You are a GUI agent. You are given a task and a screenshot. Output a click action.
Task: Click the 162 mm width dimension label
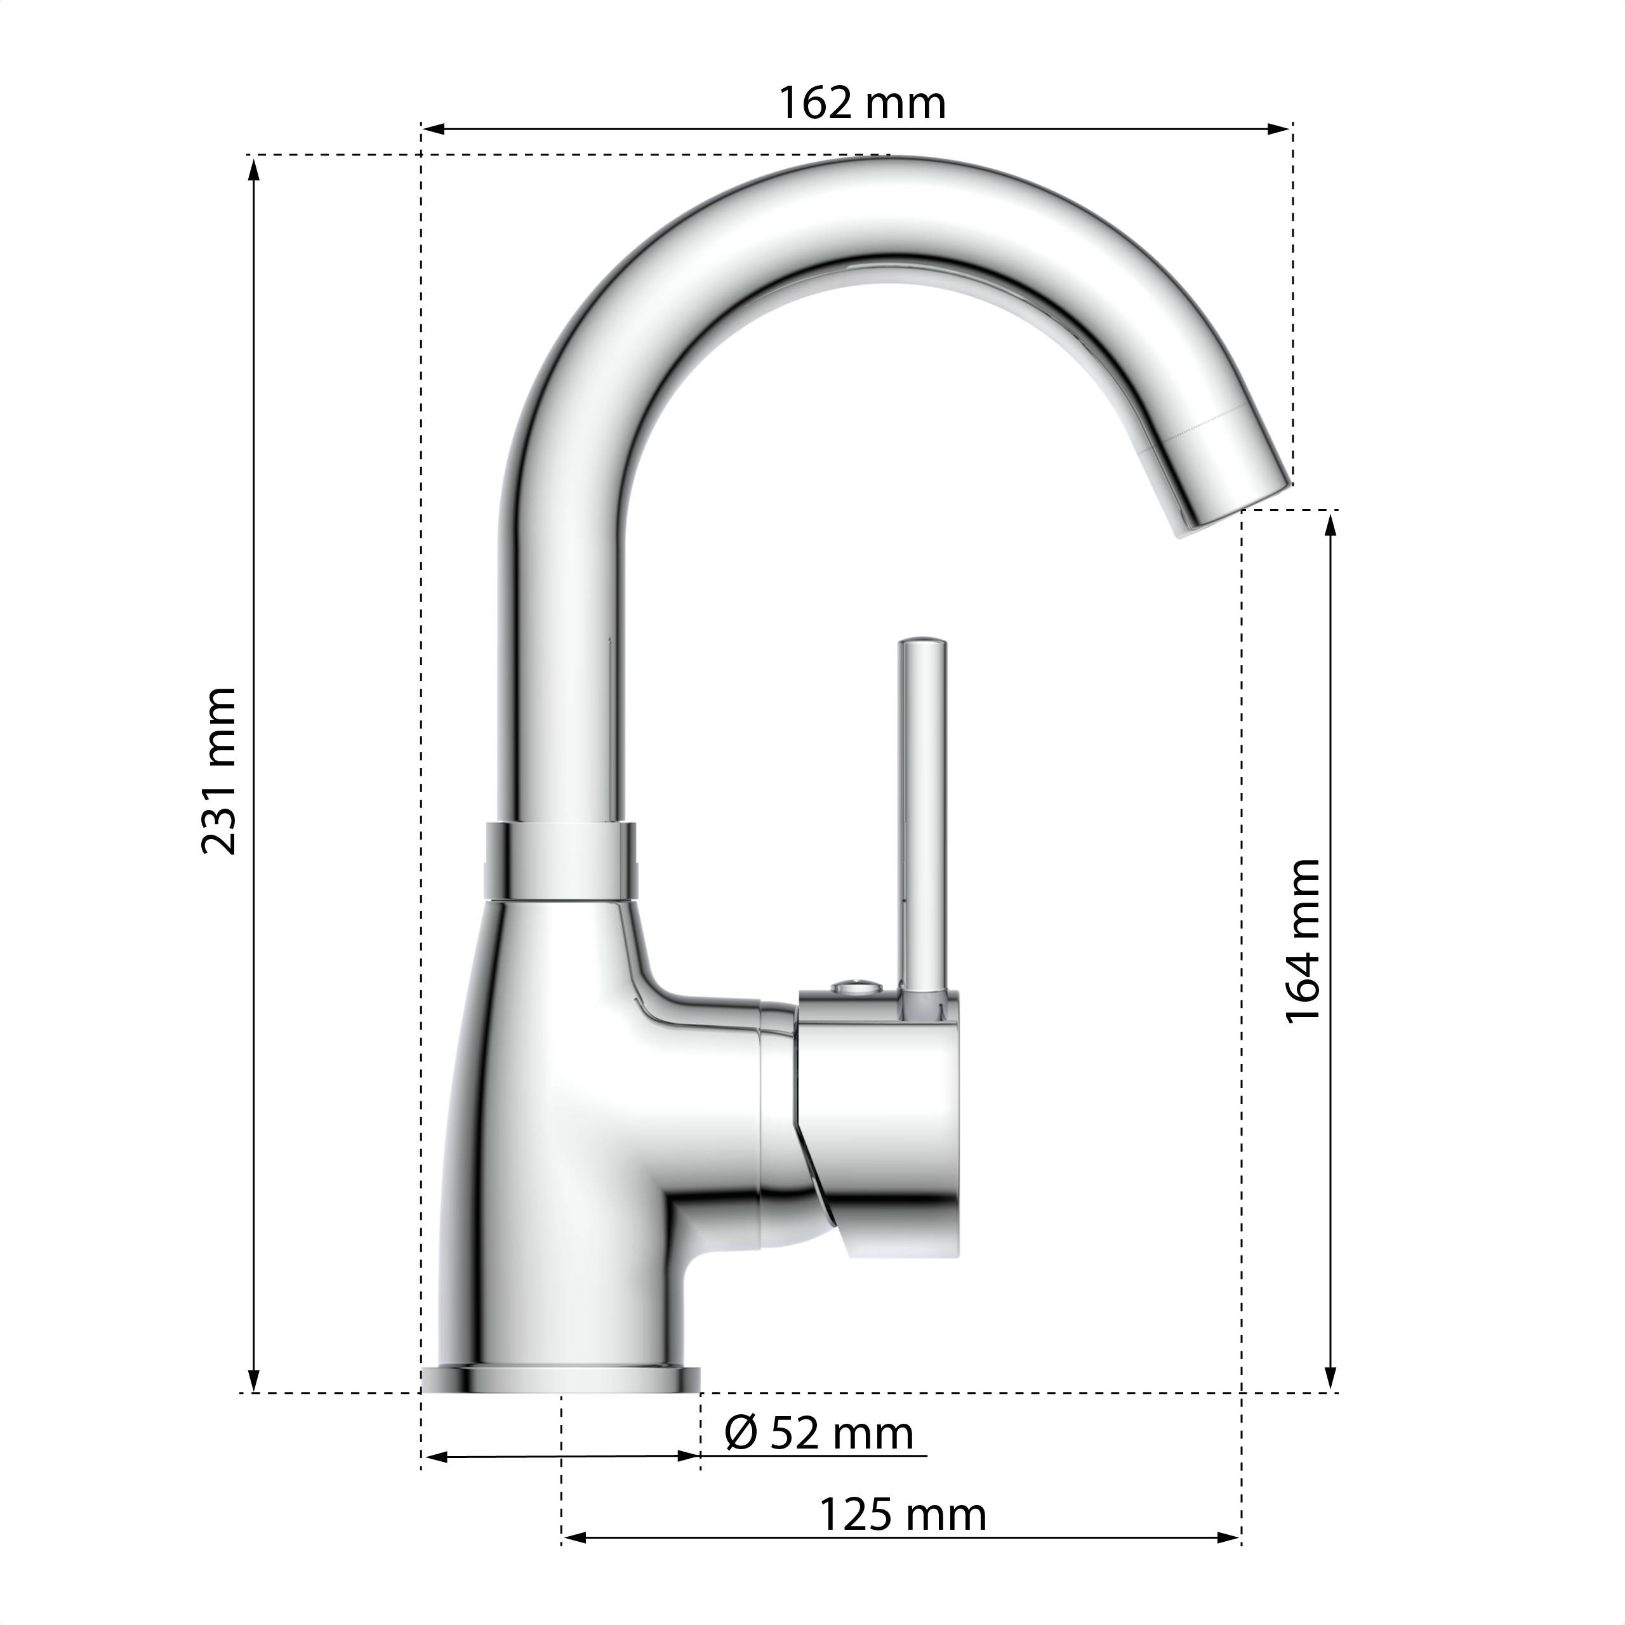click(861, 103)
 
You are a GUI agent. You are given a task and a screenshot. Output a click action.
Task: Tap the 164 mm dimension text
click(1304, 940)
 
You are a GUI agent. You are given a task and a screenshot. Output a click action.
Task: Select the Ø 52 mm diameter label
click(818, 1433)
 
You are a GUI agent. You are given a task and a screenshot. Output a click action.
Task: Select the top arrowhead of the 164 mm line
click(1330, 523)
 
